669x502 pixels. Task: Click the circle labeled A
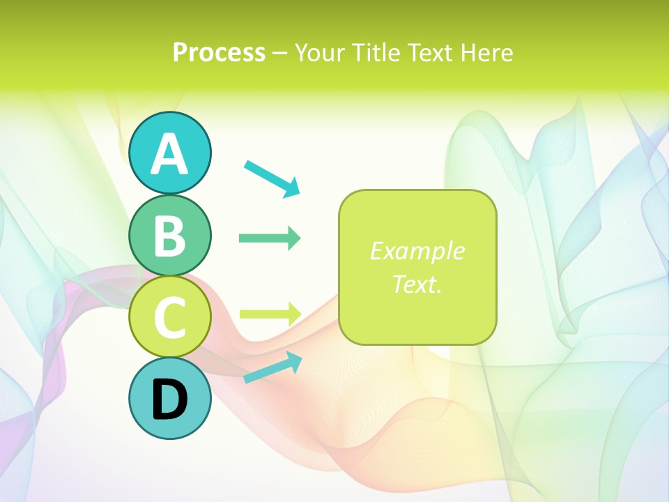pyautogui.click(x=170, y=153)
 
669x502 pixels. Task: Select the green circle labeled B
pyautogui.click(x=170, y=235)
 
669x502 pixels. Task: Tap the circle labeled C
pyautogui.click(x=170, y=317)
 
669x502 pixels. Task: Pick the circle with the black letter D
pyautogui.click(x=170, y=398)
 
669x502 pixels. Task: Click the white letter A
pyautogui.click(x=170, y=154)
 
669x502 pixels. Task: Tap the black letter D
pyautogui.click(x=170, y=400)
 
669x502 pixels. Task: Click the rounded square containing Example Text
pyautogui.click(x=417, y=267)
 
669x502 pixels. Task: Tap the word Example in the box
pyautogui.click(x=417, y=250)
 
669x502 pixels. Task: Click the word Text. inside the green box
pyautogui.click(x=417, y=284)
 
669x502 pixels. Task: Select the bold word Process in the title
pyautogui.click(x=219, y=52)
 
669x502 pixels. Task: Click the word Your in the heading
pyautogui.click(x=321, y=52)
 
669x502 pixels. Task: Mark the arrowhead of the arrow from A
pyautogui.click(x=292, y=188)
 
